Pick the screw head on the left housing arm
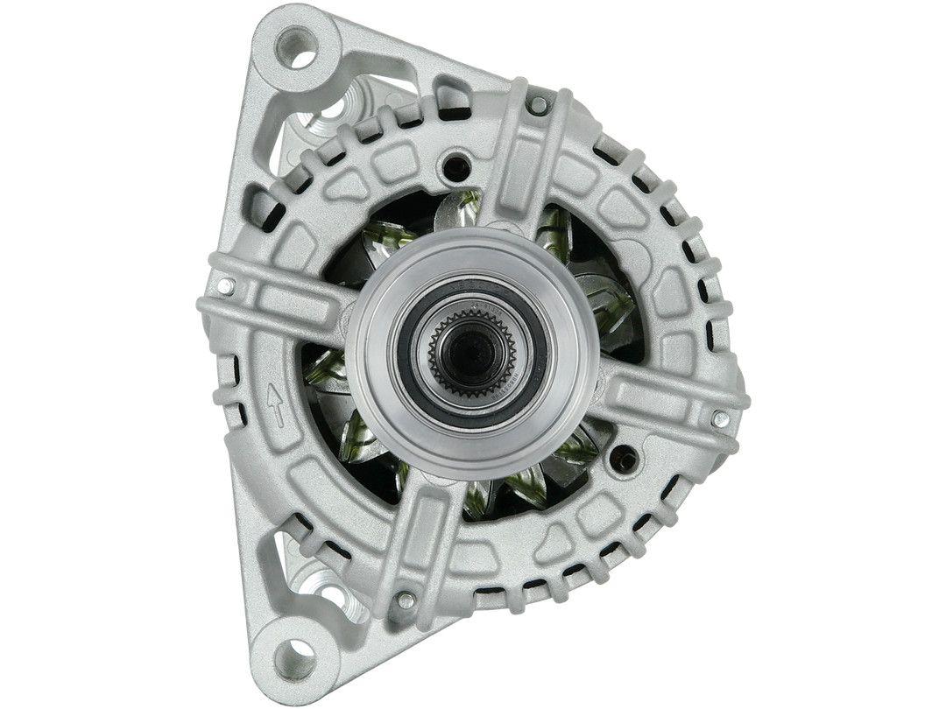pyautogui.click(x=226, y=285)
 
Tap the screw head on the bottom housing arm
pyautogui.click(x=405, y=600)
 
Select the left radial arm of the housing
pyautogui.click(x=280, y=302)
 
